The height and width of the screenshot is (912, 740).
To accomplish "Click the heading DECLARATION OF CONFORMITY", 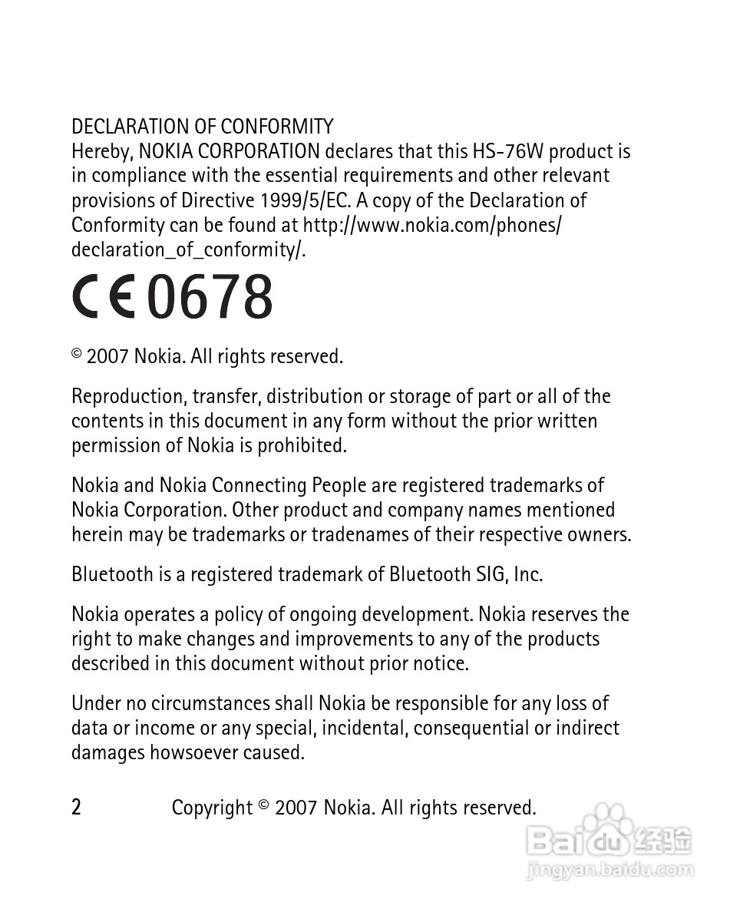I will (203, 127).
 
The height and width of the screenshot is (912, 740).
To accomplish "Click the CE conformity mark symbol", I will (104, 298).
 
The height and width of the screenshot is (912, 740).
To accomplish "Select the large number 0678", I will (210, 298).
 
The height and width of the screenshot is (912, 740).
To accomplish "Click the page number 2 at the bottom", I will (76, 808).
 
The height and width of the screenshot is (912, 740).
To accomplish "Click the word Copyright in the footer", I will (212, 808).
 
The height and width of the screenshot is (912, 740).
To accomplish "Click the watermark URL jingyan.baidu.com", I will (611, 871).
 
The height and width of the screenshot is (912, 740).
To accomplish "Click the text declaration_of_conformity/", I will (189, 249).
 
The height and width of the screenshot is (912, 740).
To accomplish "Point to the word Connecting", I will (259, 485).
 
